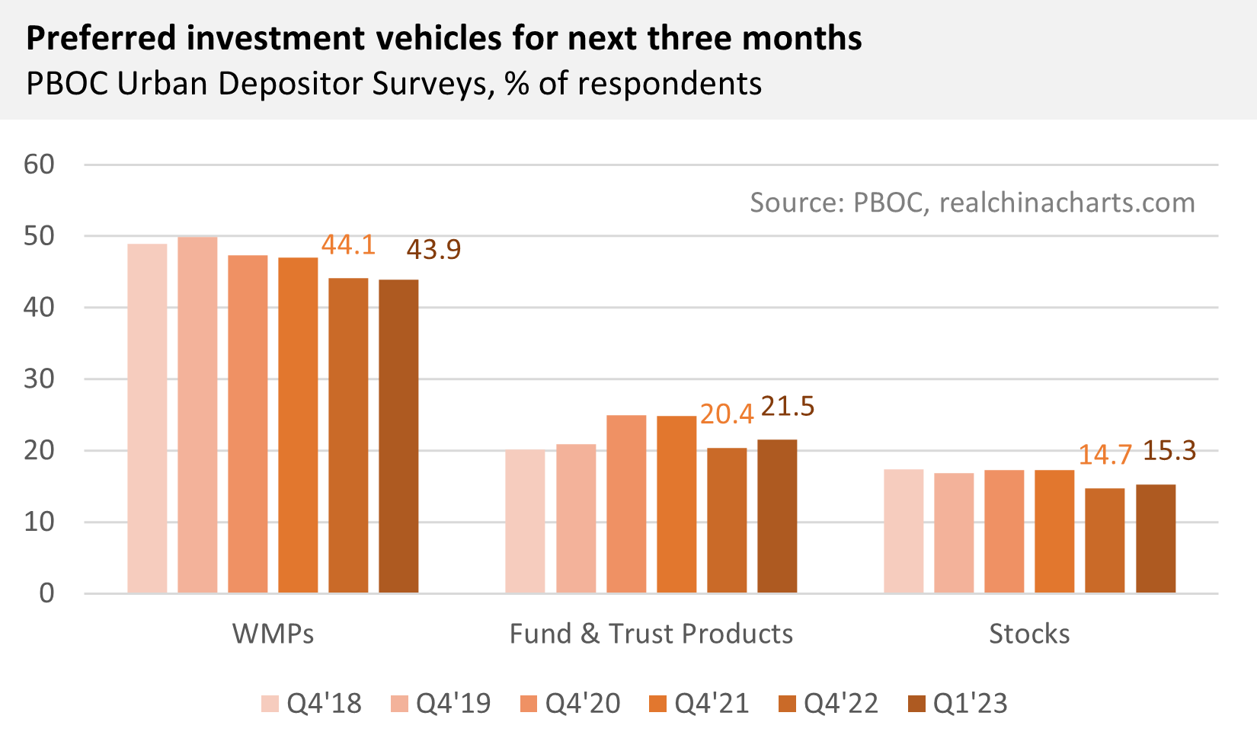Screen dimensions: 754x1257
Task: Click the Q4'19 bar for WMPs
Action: tap(197, 415)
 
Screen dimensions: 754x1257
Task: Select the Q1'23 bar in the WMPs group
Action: tap(398, 436)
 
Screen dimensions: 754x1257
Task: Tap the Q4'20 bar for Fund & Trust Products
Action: tap(626, 504)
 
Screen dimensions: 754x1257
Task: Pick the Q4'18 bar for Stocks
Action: tap(904, 531)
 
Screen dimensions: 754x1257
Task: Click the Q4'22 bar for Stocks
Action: tap(1105, 541)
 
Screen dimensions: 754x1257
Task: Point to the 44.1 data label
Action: tap(348, 244)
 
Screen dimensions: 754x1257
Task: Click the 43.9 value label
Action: tap(433, 249)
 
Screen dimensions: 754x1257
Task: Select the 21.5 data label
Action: tap(788, 407)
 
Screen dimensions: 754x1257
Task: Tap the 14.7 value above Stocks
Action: tap(1105, 455)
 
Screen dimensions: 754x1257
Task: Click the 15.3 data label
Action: tap(1169, 451)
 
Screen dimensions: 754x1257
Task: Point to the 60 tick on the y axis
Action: tap(39, 165)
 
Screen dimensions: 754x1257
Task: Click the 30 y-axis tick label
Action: tap(39, 379)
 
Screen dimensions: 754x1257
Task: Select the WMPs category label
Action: tap(273, 634)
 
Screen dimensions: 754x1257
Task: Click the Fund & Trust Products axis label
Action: tap(651, 634)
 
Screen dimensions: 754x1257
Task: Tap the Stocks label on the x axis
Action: tap(1029, 634)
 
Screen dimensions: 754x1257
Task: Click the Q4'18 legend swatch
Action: tap(270, 704)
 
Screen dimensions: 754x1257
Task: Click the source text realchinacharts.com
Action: tap(1067, 203)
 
